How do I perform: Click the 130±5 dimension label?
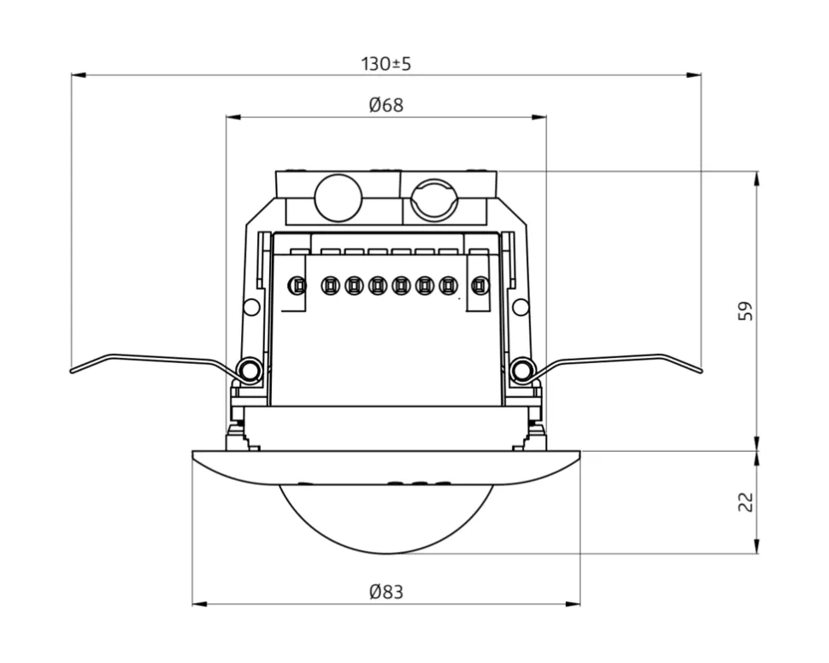coord(386,63)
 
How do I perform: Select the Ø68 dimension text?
coord(386,105)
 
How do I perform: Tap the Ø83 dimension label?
coord(386,592)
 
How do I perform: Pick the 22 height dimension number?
coord(746,502)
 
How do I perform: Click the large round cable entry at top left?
coord(338,197)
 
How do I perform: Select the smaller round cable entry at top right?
coord(434,202)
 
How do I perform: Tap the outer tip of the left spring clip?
coord(73,371)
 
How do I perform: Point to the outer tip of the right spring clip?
coord(700,371)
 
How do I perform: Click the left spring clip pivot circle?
coord(250,370)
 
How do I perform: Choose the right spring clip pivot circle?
coord(520,370)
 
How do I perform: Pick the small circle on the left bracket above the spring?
coord(251,307)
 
